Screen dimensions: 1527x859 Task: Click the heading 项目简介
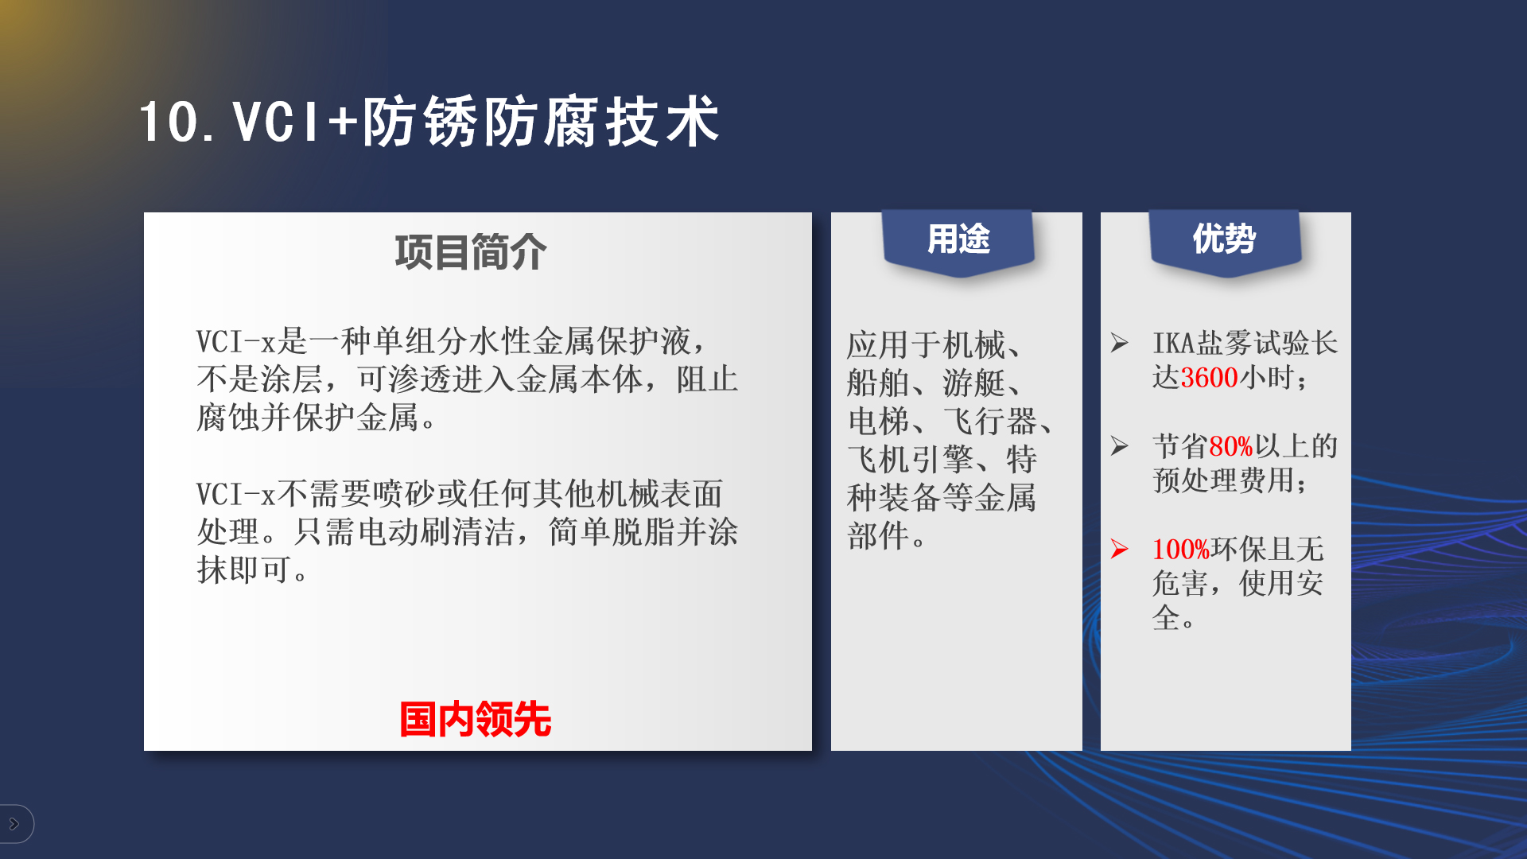[x=471, y=252]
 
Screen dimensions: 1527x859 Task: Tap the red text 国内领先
[x=476, y=719]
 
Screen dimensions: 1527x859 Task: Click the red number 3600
[x=1209, y=378]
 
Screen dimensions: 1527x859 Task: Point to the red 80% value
[x=1231, y=446]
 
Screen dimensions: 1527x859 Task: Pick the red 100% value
[x=1181, y=549]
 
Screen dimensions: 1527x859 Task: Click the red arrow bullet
[x=1120, y=549]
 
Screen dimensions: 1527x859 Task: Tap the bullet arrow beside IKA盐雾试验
[x=1120, y=343]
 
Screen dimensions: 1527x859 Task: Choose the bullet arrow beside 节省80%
[x=1120, y=445]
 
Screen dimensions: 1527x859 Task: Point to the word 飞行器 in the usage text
[x=990, y=422]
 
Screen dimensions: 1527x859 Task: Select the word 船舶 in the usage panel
[x=878, y=383]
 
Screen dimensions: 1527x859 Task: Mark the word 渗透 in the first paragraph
[x=420, y=379]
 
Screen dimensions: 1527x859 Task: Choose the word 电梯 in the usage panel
[x=878, y=422]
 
